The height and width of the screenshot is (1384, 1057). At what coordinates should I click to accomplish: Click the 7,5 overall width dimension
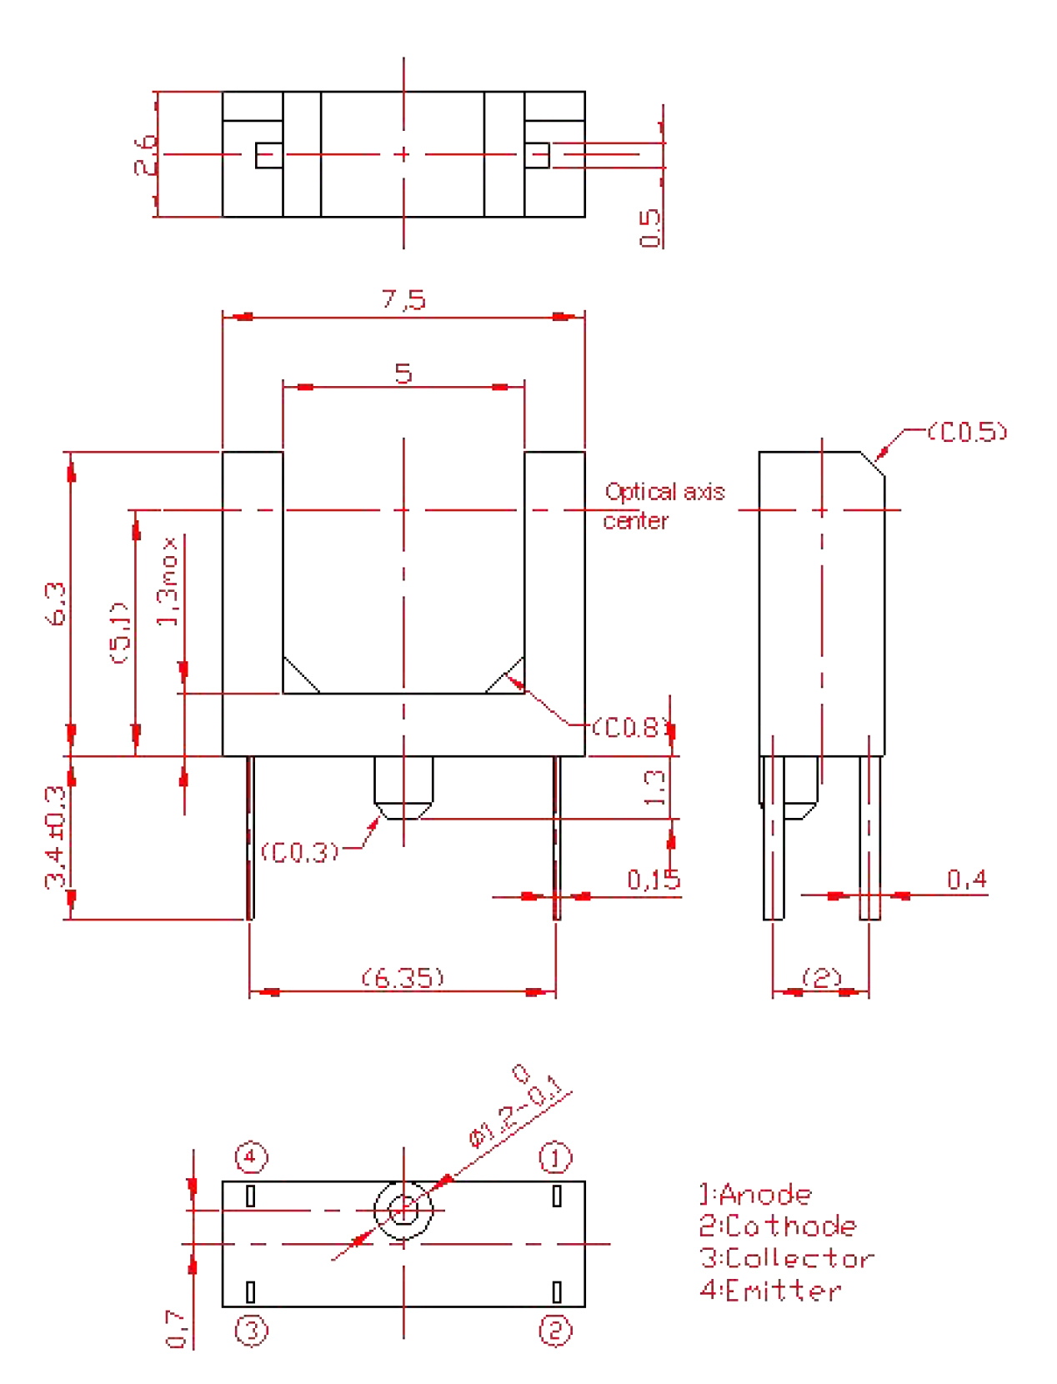pyautogui.click(x=403, y=299)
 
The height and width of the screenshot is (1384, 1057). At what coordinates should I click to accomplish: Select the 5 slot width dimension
pyautogui.click(x=403, y=373)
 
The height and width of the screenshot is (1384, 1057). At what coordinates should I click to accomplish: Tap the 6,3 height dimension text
pyautogui.click(x=56, y=604)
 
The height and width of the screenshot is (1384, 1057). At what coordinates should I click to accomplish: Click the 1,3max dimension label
pyautogui.click(x=168, y=581)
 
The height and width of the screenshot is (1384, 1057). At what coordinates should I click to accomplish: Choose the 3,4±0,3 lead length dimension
pyautogui.click(x=56, y=836)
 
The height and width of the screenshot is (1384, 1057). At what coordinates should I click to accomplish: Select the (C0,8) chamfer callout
pyautogui.click(x=630, y=728)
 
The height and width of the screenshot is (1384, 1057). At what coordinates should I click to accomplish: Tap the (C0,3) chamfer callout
pyautogui.click(x=300, y=852)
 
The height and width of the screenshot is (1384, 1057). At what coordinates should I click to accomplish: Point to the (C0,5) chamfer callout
pyautogui.click(x=967, y=431)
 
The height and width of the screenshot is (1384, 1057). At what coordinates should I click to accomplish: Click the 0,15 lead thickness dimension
pyautogui.click(x=654, y=880)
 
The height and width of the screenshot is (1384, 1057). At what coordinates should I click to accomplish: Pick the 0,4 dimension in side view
pyautogui.click(x=966, y=879)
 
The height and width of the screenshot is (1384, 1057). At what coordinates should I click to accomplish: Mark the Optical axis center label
pyautogui.click(x=664, y=506)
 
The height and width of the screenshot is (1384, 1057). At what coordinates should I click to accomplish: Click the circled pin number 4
pyautogui.click(x=251, y=1157)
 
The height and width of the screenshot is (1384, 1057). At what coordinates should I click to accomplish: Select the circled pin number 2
pyautogui.click(x=556, y=1330)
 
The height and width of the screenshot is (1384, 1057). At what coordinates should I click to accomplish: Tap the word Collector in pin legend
pyautogui.click(x=799, y=1258)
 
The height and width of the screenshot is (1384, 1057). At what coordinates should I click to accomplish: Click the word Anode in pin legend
pyautogui.click(x=765, y=1195)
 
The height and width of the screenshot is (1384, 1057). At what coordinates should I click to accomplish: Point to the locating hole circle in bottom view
pyautogui.click(x=403, y=1211)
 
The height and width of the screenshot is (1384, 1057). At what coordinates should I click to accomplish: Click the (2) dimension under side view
pyautogui.click(x=821, y=977)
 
